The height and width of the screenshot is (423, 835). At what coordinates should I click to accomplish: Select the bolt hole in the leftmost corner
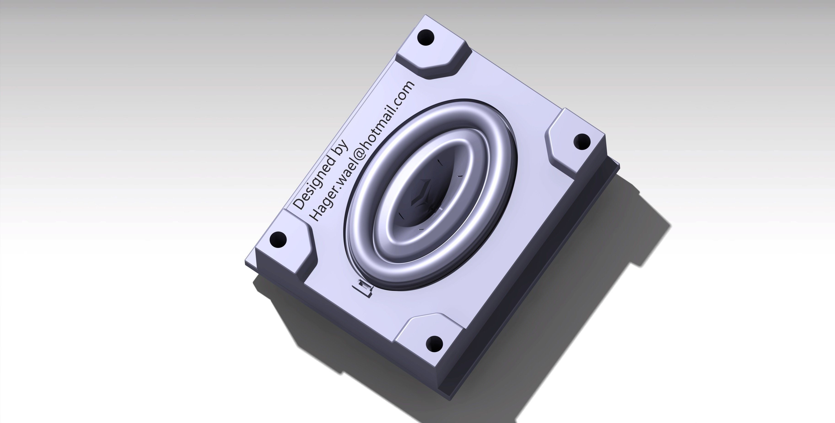[x=278, y=240]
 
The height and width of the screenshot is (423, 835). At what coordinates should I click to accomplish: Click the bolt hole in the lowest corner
[x=434, y=344]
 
